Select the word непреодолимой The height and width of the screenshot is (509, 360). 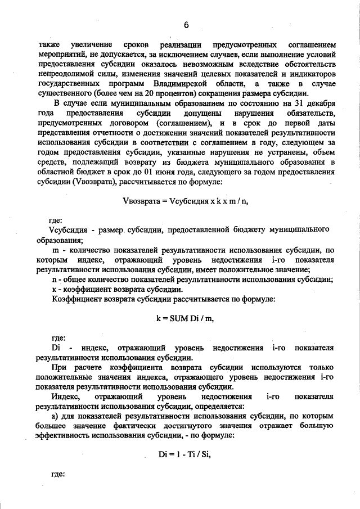click(x=64, y=74)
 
